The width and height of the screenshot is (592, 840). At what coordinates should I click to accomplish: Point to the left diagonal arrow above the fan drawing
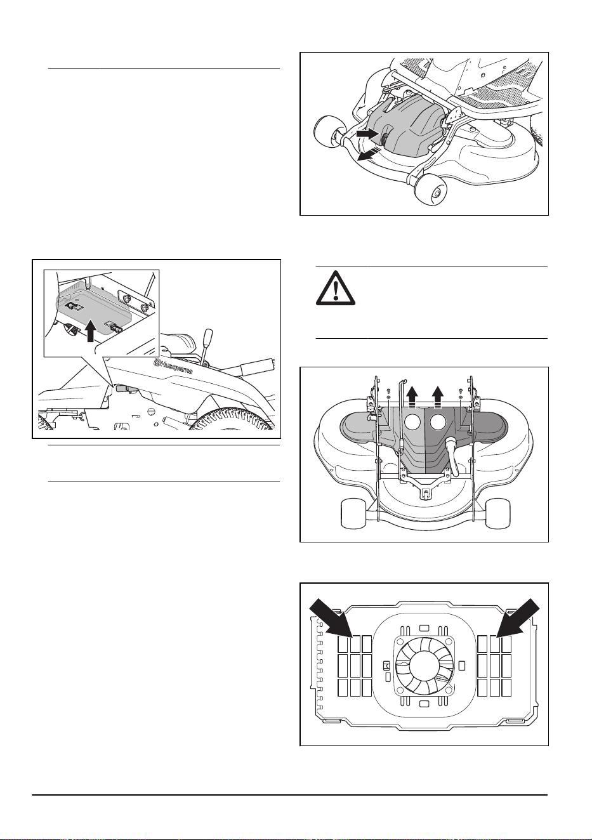[331, 619]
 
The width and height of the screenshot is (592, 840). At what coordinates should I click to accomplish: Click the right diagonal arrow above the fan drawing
[518, 619]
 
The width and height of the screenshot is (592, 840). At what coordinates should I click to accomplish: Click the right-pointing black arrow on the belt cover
[367, 134]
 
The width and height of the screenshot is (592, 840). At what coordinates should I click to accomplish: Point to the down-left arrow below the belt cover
[368, 154]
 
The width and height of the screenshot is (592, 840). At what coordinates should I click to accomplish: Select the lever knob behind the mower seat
[208, 334]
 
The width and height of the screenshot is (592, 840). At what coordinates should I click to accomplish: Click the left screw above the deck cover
[389, 392]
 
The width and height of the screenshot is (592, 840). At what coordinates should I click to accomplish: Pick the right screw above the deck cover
[460, 392]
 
